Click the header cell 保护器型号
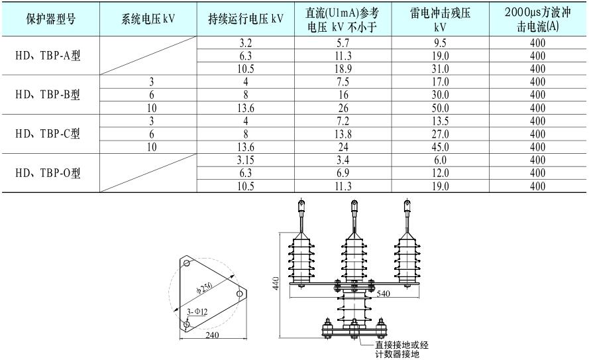50,19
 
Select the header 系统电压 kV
149,19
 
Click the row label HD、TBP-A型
50,56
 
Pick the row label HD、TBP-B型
50,95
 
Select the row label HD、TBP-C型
50,134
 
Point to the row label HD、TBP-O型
50,173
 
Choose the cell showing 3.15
246,160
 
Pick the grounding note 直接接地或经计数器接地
401,349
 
